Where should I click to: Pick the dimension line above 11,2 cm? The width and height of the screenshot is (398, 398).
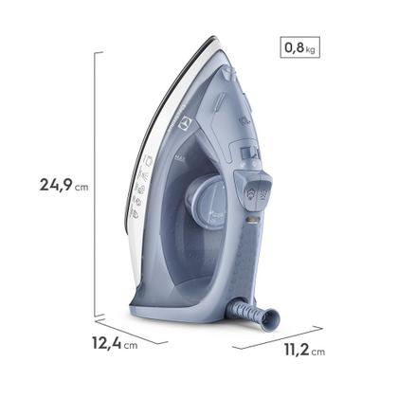[277, 333]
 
